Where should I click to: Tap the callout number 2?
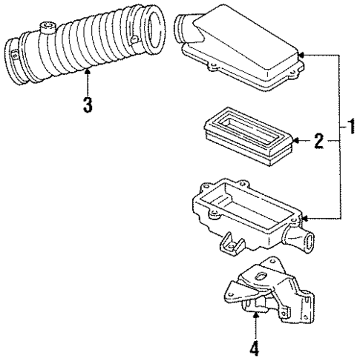click(x=317, y=139)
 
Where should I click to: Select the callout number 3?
click(x=88, y=105)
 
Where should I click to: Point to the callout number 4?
click(x=255, y=345)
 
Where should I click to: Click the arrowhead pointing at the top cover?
click(x=298, y=55)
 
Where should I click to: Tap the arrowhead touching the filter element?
click(x=294, y=139)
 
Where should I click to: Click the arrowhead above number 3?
click(x=88, y=72)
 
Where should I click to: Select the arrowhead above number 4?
click(x=255, y=315)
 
